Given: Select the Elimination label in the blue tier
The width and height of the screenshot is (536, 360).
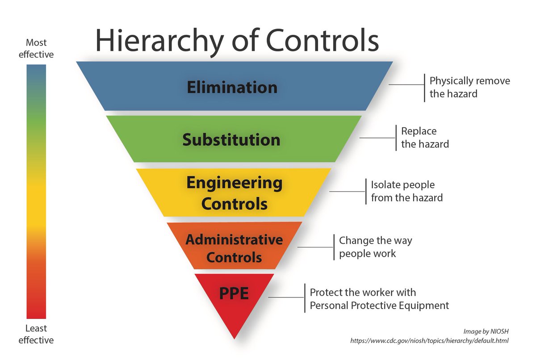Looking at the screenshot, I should click(232, 87).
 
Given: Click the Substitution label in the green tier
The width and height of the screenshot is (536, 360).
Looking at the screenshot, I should click(231, 140).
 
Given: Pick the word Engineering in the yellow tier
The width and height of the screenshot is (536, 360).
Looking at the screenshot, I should click(234, 183).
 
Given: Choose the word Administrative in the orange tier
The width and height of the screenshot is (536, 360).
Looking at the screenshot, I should click(234, 240).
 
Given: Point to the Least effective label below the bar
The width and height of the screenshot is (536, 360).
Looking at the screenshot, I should click(36, 335).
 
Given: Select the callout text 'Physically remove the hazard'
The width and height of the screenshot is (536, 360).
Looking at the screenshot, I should click(469, 88).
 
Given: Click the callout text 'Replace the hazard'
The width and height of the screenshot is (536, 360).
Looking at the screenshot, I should click(425, 138).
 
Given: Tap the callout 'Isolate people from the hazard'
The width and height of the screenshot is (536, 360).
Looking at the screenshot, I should click(406, 191).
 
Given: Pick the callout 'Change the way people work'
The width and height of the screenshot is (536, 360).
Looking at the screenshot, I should click(375, 247).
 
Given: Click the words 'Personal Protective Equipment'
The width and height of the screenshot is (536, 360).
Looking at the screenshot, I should click(379, 306).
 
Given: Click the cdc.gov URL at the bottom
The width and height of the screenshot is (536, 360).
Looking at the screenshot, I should click(430, 341).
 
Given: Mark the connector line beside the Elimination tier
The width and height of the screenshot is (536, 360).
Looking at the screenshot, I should click(406, 84).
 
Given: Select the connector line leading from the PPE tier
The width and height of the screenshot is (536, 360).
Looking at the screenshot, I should click(286, 297).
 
